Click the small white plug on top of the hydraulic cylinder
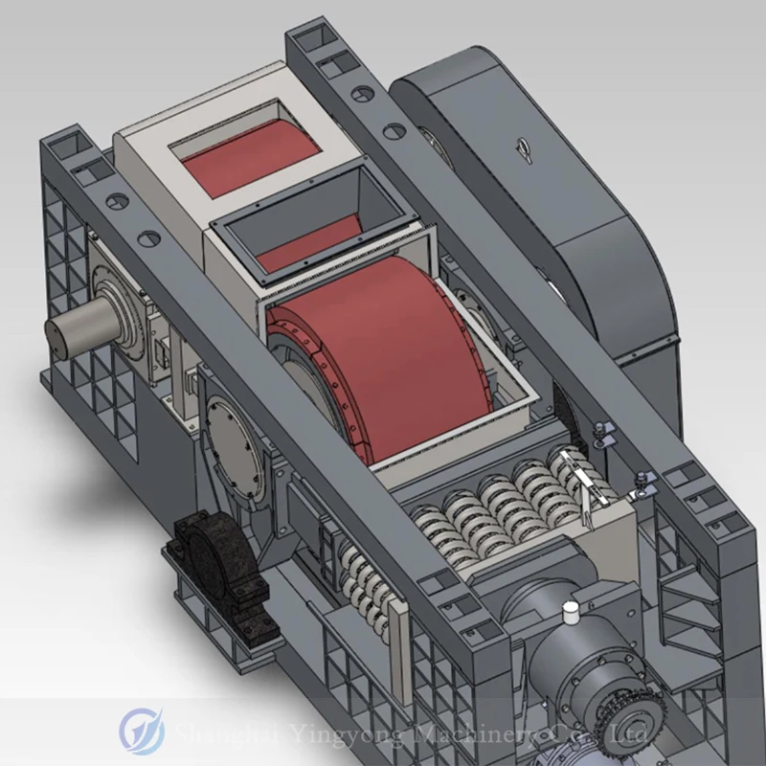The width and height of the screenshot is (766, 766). click(x=571, y=609)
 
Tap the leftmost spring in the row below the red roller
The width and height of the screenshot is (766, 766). click(x=434, y=529)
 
